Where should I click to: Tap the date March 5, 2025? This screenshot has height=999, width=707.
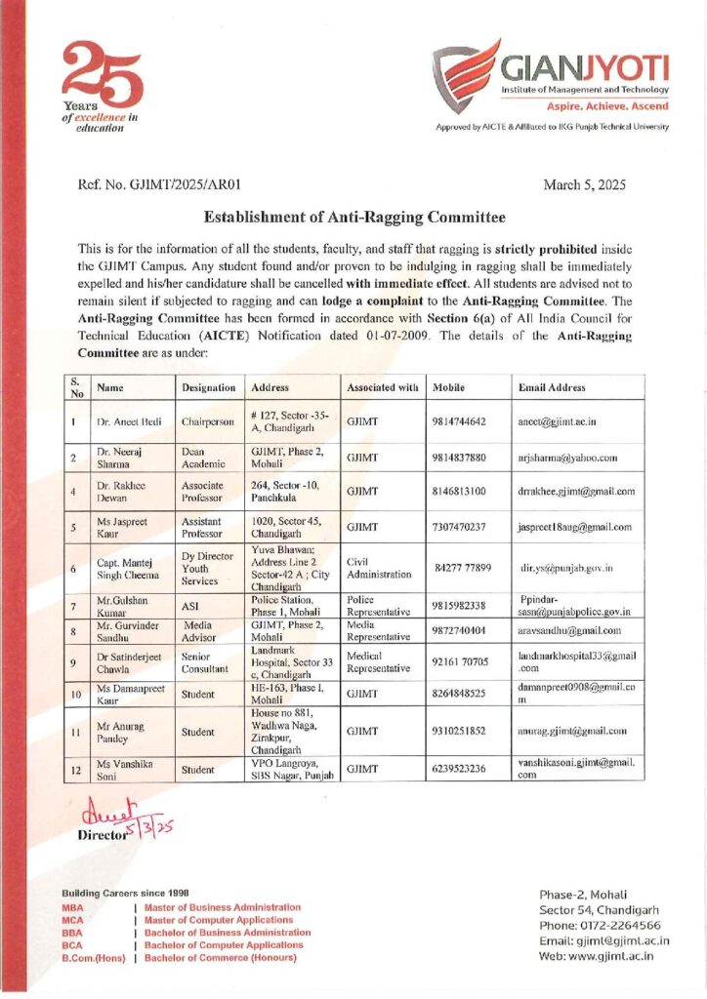pyautogui.click(x=584, y=183)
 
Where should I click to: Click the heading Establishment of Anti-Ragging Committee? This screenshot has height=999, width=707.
pyautogui.click(x=355, y=217)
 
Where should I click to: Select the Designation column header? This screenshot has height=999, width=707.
pyautogui.click(x=209, y=387)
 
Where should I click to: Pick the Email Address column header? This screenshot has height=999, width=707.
pyautogui.click(x=552, y=387)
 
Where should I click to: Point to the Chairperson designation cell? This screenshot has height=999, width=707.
pyautogui.click(x=208, y=423)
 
